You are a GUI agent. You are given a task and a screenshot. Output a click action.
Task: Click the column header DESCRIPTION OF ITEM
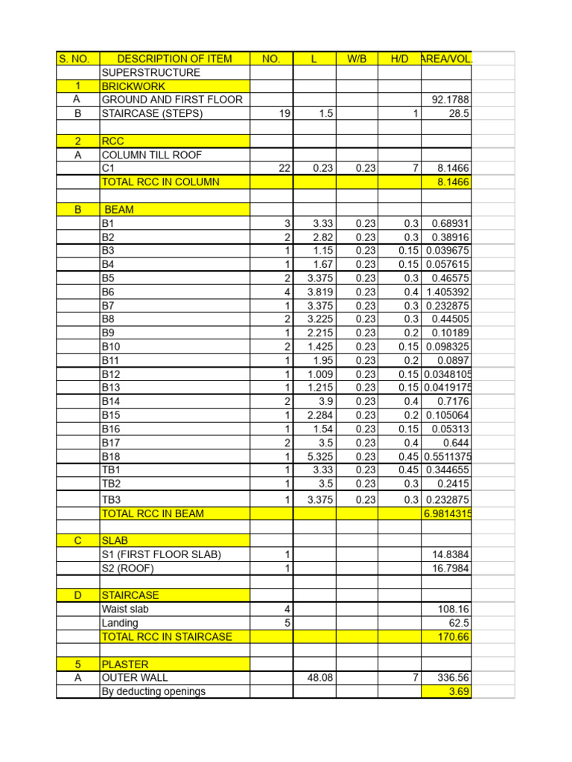[174, 59]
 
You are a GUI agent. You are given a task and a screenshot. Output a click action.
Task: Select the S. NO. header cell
[77, 59]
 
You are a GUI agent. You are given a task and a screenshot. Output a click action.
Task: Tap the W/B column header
[357, 59]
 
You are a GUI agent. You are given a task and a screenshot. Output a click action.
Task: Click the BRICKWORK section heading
[133, 86]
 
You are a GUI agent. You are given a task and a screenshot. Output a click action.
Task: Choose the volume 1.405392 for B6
[448, 292]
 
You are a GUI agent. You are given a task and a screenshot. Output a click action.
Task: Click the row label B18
[110, 456]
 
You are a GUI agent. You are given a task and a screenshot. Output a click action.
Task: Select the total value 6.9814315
[448, 513]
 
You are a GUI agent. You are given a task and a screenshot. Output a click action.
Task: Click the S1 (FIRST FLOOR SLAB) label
[162, 554]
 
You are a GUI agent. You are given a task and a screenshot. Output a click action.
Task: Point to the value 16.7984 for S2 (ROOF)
[451, 569]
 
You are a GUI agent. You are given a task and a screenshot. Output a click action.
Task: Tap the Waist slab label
[125, 609]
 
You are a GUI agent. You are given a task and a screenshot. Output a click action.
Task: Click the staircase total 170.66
[454, 637]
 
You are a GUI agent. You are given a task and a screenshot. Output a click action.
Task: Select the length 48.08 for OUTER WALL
[319, 678]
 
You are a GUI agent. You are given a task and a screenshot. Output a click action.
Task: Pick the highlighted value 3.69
[459, 691]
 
